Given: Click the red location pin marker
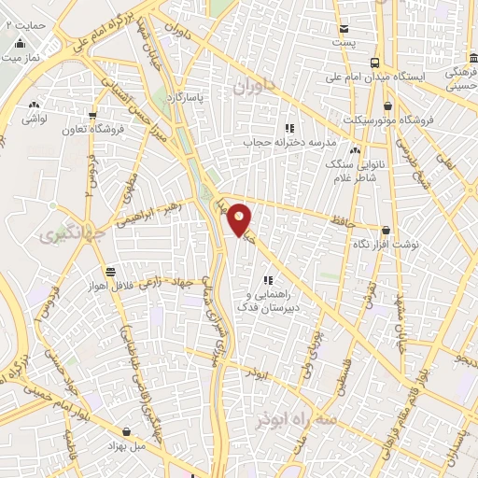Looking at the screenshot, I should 240,219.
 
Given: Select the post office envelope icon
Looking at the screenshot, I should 344,29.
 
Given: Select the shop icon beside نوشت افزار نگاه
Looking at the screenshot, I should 387,229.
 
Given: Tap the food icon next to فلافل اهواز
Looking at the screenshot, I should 111,271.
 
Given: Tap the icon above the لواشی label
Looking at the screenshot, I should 35,105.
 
